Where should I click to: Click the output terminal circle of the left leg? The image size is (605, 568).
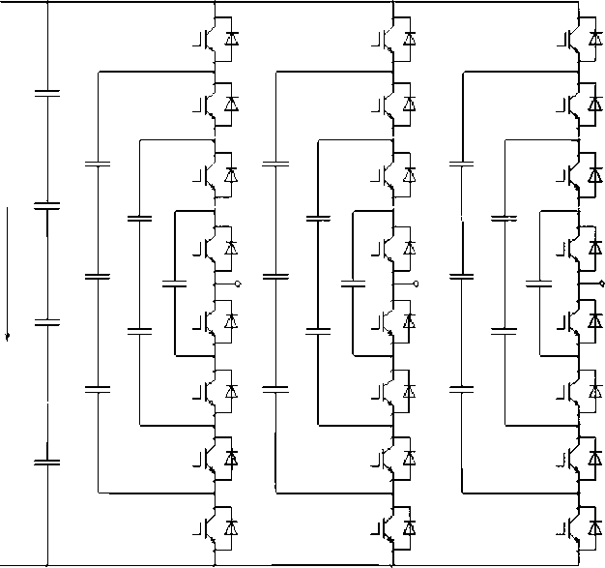(237, 284)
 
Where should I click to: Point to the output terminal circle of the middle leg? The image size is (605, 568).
(417, 284)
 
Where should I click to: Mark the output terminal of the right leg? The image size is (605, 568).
(601, 284)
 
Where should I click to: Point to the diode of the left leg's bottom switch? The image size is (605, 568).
(231, 527)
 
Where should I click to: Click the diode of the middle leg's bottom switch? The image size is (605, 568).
(410, 527)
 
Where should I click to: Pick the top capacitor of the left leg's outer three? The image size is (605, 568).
(98, 164)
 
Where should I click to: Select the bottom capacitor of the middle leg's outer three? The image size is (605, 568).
(275, 389)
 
